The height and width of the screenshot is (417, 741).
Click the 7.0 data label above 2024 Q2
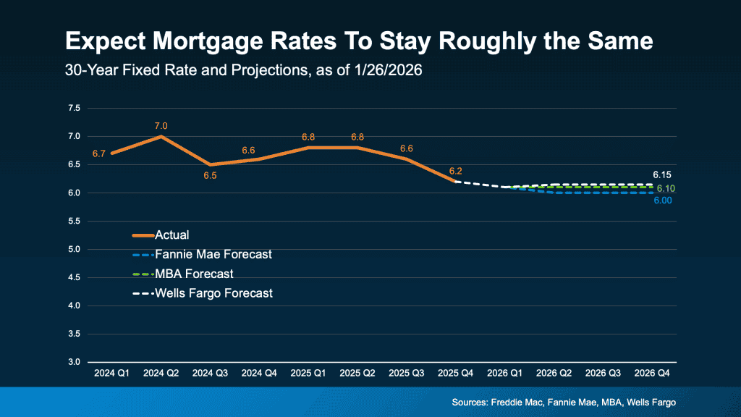[161, 126]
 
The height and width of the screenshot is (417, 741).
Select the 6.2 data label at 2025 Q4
[455, 171]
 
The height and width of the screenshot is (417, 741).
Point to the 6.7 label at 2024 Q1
[99, 153]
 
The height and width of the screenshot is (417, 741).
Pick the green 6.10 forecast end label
[666, 188]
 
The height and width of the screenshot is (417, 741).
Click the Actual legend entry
[172, 235]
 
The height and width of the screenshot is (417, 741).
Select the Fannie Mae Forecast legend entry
[212, 254]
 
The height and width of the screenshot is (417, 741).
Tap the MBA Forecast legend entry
[193, 274]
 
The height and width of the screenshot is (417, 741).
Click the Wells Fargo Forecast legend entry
[215, 293]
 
